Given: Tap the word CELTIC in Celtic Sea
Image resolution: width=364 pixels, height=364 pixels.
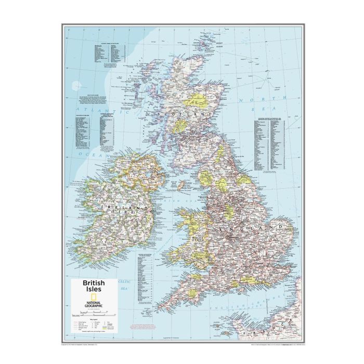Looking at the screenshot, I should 124,281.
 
